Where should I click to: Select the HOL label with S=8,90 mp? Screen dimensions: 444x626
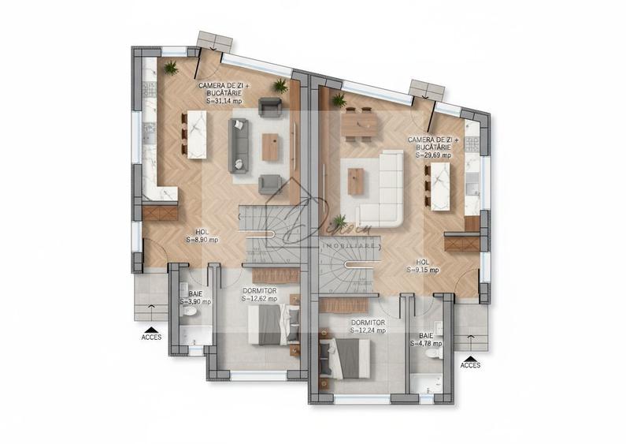pos(202,239)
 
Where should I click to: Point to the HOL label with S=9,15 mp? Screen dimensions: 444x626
pos(423,270)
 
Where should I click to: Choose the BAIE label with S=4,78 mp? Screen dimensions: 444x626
pos(426,343)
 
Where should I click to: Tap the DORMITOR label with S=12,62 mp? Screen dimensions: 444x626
pos(260,299)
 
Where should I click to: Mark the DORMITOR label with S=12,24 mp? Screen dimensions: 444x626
pos(368,330)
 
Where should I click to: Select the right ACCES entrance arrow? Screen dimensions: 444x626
pos(470,360)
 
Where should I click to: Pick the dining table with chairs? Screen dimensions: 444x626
pos(360,124)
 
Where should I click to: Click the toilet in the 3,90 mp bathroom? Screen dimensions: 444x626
pos(189,313)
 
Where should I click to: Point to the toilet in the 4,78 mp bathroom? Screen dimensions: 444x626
pos(431,354)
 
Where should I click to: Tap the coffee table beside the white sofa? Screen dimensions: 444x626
pos(357,181)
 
